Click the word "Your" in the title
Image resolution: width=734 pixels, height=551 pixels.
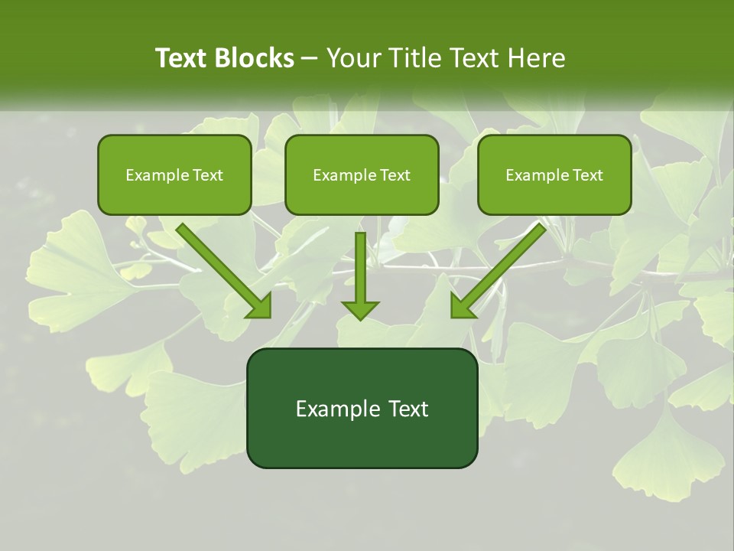click(352, 58)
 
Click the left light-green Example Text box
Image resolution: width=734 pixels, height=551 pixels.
click(174, 174)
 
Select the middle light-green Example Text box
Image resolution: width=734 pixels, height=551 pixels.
click(362, 174)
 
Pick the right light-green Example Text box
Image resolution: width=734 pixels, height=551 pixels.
click(554, 174)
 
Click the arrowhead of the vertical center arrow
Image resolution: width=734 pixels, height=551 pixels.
click(360, 309)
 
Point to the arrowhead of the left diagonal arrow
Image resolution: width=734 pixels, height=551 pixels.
click(260, 306)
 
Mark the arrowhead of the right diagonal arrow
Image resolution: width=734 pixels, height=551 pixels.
click(462, 306)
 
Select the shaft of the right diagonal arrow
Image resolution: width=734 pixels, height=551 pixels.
click(508, 260)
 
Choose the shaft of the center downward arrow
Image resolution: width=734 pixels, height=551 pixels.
click(360, 264)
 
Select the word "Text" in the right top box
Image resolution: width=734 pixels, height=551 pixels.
click(587, 175)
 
